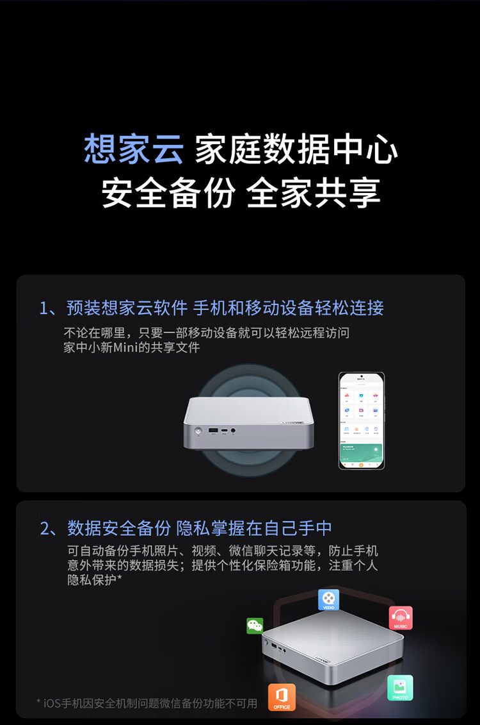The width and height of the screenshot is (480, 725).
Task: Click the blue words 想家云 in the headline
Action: pyautogui.click(x=133, y=149)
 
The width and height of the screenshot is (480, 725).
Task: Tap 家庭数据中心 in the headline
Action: pyautogui.click(x=296, y=149)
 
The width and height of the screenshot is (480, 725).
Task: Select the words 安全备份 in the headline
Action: pyautogui.click(x=167, y=193)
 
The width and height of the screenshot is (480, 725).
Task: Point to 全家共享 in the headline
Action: pyautogui.click(x=314, y=193)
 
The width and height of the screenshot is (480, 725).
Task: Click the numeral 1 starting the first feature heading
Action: pyautogui.click(x=44, y=308)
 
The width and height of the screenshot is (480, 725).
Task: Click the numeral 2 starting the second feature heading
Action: pyautogui.click(x=45, y=528)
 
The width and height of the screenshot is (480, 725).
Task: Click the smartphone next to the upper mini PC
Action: pyautogui.click(x=362, y=421)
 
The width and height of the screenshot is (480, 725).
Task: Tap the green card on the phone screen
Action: pyautogui.click(x=362, y=453)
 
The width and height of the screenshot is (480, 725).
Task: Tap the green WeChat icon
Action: pyautogui.click(x=255, y=626)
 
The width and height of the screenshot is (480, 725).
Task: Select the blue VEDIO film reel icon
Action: pyautogui.click(x=328, y=599)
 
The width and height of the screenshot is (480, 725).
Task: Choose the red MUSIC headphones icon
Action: pyautogui.click(x=401, y=618)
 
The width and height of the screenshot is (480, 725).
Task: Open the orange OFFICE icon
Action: pyautogui.click(x=282, y=697)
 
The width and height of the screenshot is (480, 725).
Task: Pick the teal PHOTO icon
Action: pyautogui.click(x=400, y=688)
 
